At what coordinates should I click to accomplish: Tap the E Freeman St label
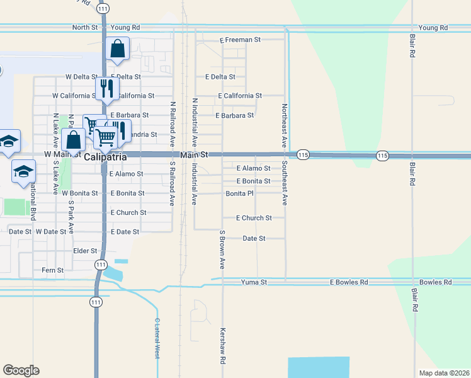240,40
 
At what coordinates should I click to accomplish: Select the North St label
85,28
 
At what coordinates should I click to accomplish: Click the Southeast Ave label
285,183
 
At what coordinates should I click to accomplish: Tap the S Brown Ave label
222,250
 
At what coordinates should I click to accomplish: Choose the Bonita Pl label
239,193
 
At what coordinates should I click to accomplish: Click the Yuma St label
254,283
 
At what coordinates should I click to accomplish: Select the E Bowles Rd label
349,282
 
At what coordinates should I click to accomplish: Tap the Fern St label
52,270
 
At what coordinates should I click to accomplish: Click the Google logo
21,370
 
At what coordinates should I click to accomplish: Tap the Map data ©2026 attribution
443,373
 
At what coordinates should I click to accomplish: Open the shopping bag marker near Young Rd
118,49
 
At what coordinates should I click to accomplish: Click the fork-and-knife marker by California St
106,88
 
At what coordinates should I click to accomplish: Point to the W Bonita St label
80,193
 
